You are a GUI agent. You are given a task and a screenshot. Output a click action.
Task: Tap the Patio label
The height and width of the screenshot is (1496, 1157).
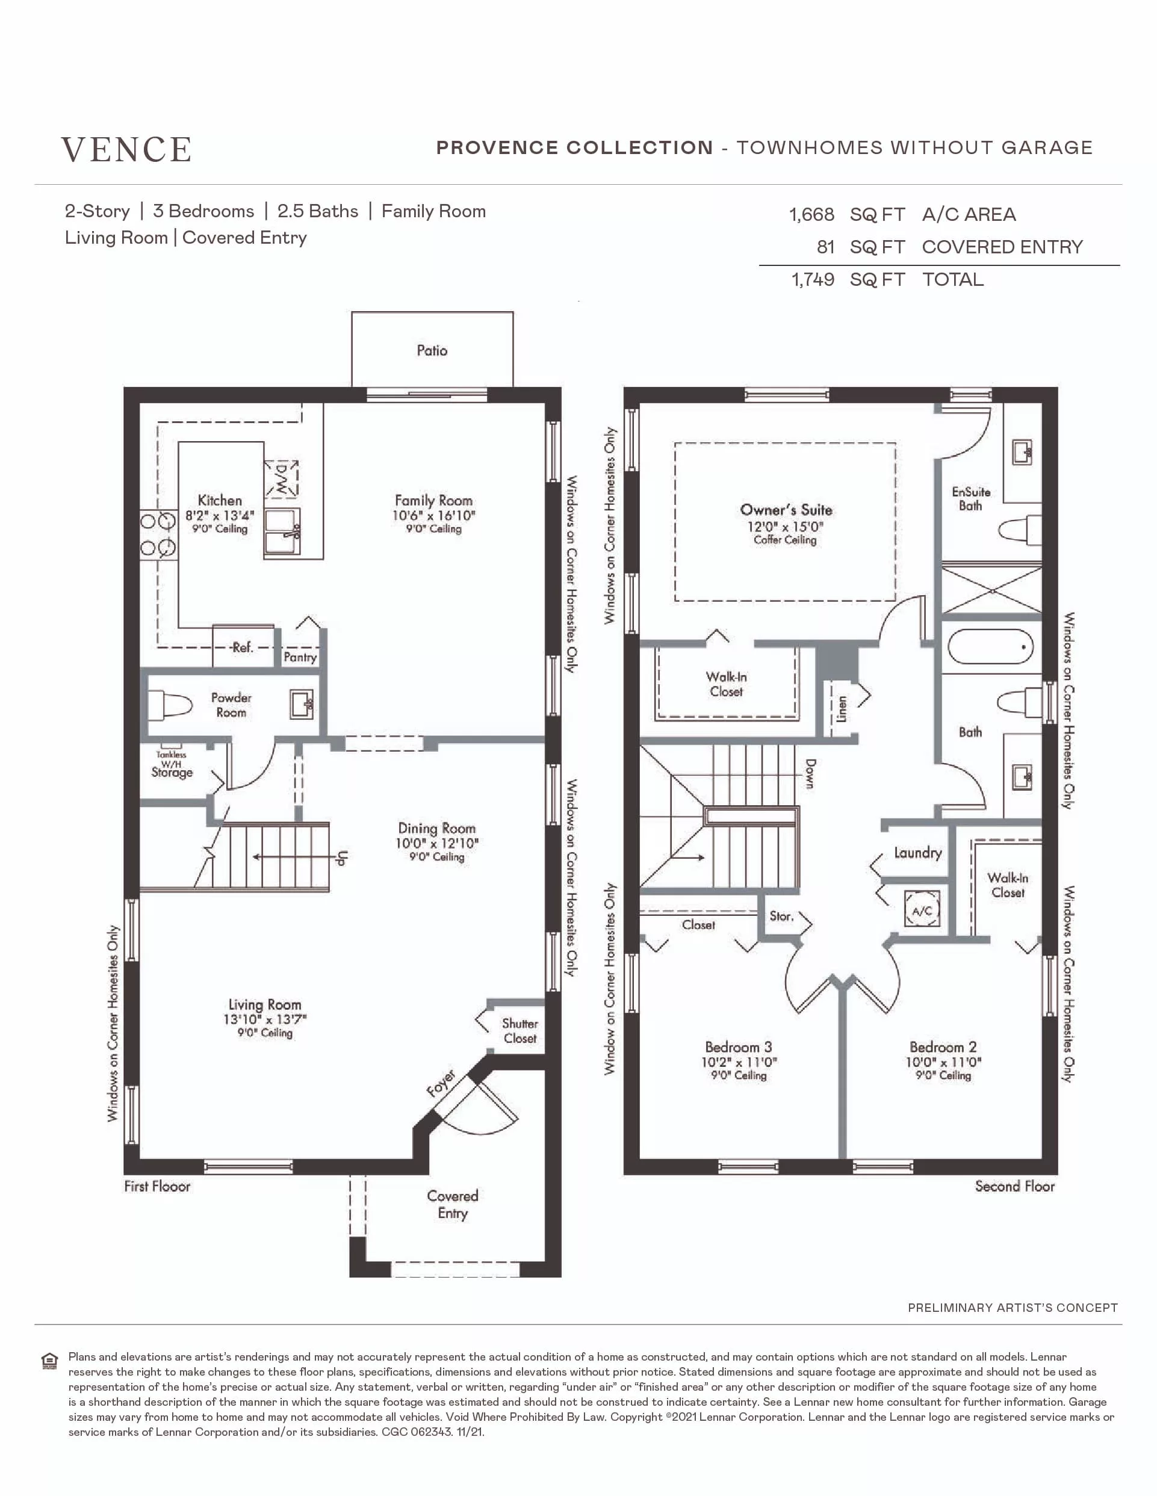click(432, 351)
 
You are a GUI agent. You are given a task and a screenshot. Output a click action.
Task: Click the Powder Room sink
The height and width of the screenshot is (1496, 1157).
click(302, 704)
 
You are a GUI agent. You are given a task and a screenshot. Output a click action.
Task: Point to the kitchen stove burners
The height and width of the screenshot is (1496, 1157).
click(158, 534)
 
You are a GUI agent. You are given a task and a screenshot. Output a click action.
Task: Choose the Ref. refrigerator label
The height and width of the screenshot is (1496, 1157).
click(242, 648)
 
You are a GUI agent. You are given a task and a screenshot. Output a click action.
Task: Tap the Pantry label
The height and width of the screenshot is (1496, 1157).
click(300, 657)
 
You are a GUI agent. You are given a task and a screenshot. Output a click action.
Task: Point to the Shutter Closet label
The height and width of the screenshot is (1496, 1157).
click(520, 1031)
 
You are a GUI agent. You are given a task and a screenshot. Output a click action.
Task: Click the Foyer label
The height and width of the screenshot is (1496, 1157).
click(441, 1083)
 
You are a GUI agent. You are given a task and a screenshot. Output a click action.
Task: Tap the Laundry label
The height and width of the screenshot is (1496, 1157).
click(918, 853)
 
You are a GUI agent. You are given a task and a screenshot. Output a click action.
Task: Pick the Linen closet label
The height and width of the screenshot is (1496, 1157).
click(842, 709)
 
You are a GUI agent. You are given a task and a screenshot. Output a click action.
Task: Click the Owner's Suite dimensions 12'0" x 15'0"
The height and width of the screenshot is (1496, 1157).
click(785, 526)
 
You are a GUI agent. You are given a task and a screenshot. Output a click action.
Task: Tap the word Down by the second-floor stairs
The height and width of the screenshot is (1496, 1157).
click(810, 774)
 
